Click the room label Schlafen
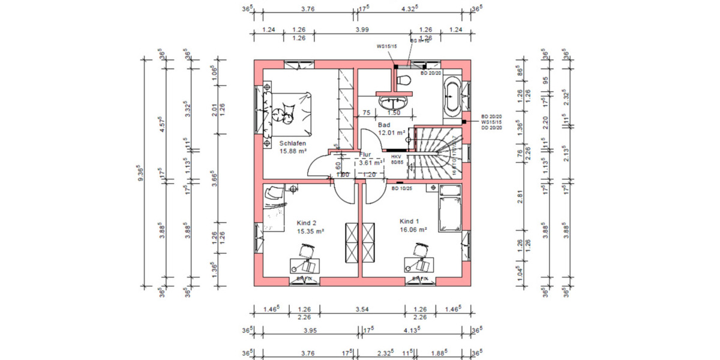pyautogui.click(x=293, y=143)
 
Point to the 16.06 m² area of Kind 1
pyautogui.click(x=413, y=229)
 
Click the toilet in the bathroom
pyautogui.click(x=403, y=80)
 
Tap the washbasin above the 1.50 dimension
pyautogui.click(x=394, y=100)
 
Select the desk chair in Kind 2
pyautogui.click(x=307, y=250)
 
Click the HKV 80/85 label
pyautogui.click(x=396, y=159)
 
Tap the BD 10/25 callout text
pyautogui.click(x=402, y=188)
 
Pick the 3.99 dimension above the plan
pyautogui.click(x=362, y=29)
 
